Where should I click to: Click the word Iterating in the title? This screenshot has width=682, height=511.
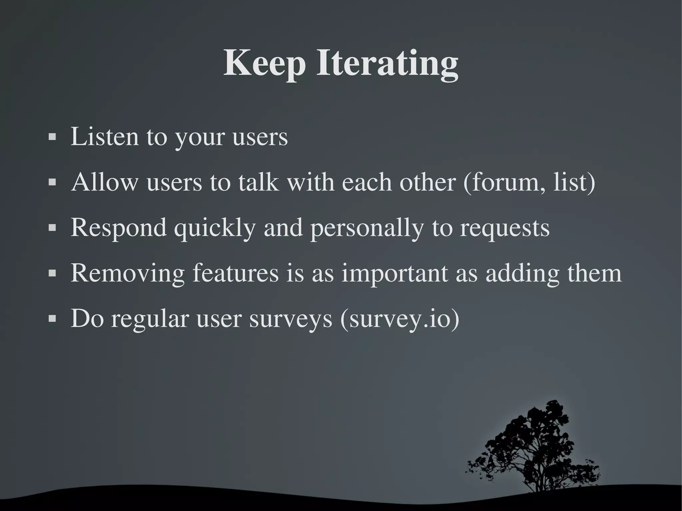387,64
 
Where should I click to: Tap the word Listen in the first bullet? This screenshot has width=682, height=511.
105,136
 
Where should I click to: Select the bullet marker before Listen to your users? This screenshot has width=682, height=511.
52,137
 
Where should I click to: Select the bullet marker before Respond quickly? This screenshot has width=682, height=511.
52,228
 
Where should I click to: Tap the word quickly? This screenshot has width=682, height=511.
215,228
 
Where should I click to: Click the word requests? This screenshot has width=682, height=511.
505,228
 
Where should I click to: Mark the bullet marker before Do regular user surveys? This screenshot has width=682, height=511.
52,319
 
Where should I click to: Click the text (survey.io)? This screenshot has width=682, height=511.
400,319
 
